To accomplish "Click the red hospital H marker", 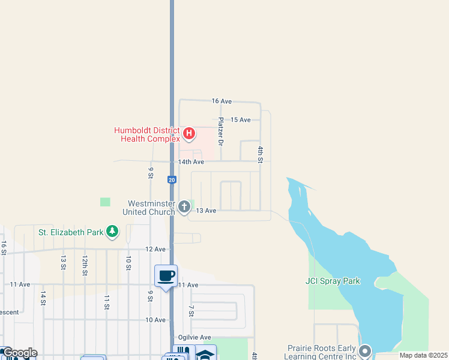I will [x=189, y=133].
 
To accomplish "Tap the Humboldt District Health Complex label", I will [x=147, y=134].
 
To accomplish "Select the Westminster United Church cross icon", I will [x=184, y=208].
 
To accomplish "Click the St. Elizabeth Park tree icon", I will [x=112, y=231].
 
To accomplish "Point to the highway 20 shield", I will [x=172, y=179].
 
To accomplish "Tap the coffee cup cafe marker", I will [x=166, y=276].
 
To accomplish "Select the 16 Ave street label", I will [x=221, y=101].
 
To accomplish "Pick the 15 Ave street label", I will [x=241, y=120].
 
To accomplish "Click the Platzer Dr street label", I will [x=221, y=131].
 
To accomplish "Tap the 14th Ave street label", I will [x=191, y=162].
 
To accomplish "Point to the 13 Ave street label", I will [x=206, y=211].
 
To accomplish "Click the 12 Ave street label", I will [x=155, y=249].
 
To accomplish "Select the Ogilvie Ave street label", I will [x=194, y=337].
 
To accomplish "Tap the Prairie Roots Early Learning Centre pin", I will [x=365, y=350].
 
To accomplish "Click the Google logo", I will [x=19, y=353].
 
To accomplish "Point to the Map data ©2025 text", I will [x=423, y=355].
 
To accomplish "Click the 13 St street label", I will [x=62, y=262].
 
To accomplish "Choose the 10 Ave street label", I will [x=155, y=320].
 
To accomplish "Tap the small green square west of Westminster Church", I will [x=106, y=202].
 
